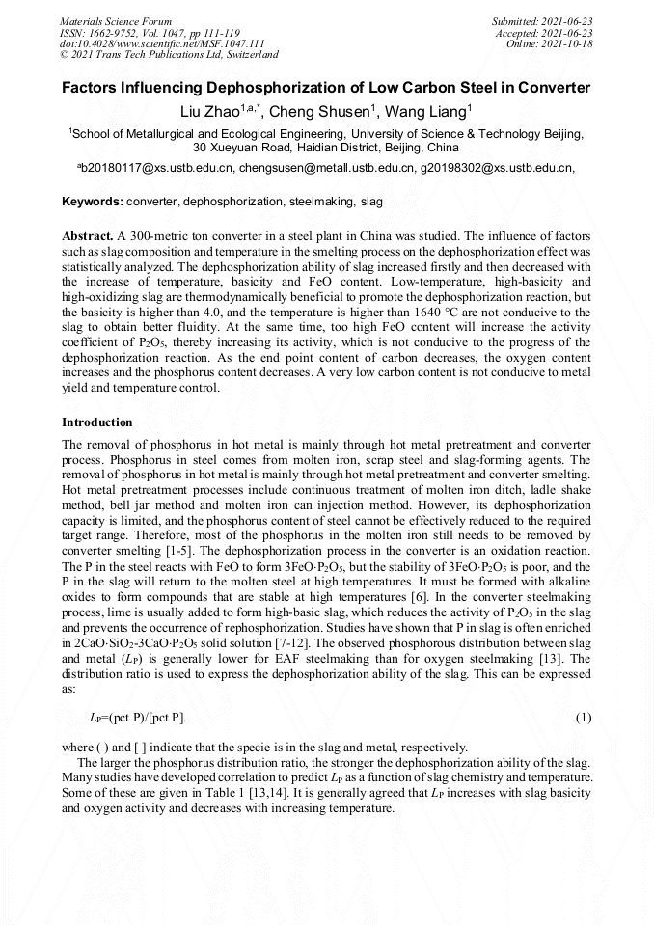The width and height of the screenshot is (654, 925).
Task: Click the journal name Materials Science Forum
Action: coord(116,21)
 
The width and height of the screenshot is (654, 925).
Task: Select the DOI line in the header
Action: coord(162,43)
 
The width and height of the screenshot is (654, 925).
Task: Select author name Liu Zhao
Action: coord(212,112)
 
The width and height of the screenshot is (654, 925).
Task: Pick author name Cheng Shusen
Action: coord(314,112)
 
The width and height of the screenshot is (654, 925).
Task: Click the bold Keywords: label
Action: coord(93,203)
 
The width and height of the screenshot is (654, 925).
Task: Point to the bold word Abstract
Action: coord(87,236)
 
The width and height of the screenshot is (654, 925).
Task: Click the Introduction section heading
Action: coord(97,422)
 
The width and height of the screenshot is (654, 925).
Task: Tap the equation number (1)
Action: coord(583,718)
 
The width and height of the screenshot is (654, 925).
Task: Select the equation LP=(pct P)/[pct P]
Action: coord(138,718)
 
